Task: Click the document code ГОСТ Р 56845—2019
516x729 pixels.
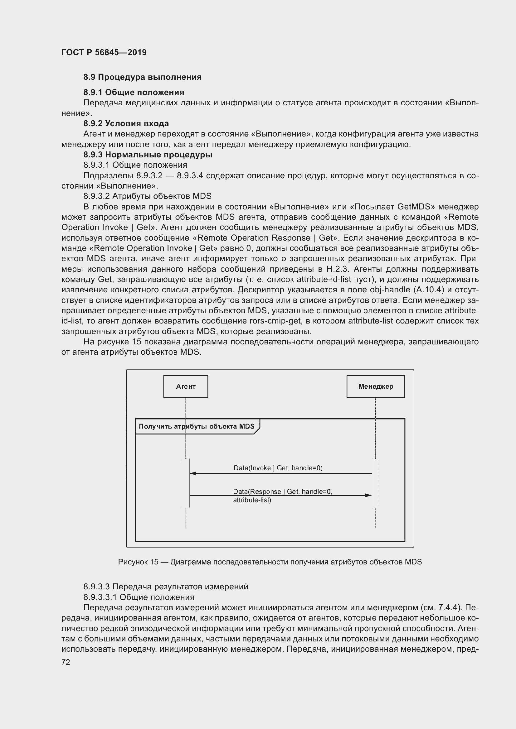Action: click(104, 52)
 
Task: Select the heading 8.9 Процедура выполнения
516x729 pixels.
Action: click(142, 77)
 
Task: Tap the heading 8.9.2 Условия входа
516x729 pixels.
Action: click(126, 123)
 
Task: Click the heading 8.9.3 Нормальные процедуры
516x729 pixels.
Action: click(148, 155)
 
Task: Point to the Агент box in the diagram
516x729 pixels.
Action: click(186, 386)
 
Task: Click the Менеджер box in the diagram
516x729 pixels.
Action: click(376, 386)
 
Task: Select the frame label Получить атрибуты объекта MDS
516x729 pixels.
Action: click(196, 426)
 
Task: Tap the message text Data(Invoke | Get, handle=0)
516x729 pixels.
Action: click(278, 468)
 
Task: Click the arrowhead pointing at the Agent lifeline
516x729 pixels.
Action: click(193, 473)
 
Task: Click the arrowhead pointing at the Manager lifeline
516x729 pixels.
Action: click(368, 495)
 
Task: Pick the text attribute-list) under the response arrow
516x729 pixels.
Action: click(252, 500)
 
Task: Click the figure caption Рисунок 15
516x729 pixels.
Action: click(138, 562)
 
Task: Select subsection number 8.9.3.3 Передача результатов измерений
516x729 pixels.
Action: click(166, 587)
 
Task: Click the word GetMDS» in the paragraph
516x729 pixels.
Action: click(416, 207)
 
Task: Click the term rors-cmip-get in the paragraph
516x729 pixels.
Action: click(275, 321)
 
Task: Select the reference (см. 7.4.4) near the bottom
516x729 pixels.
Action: click(441, 608)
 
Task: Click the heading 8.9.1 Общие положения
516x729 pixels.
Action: click(134, 92)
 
